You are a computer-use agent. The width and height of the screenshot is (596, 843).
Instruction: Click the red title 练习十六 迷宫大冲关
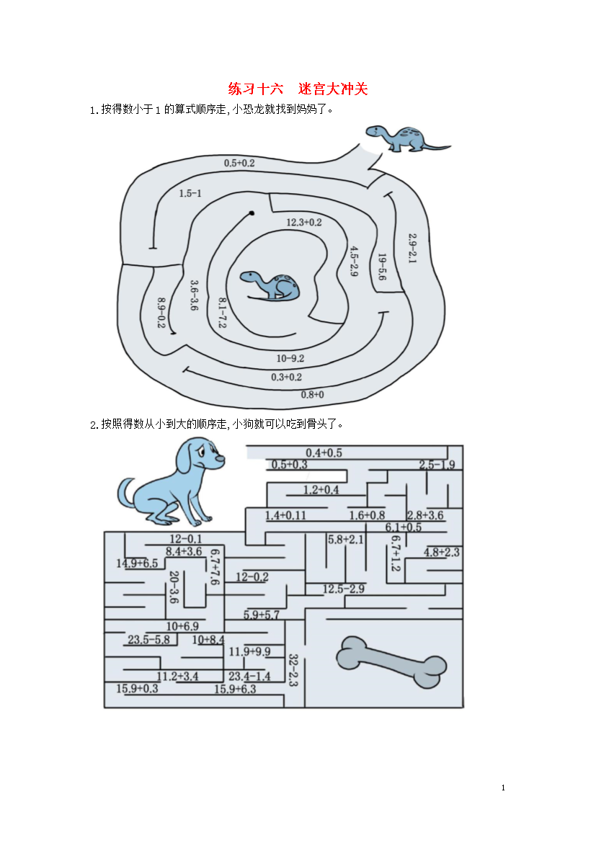298,89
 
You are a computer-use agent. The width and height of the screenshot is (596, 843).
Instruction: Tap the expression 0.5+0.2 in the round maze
239,163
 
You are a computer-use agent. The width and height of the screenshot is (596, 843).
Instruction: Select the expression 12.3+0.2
304,222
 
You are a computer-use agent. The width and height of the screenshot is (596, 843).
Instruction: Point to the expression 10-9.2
290,358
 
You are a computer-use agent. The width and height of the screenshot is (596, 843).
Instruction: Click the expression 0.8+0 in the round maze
313,395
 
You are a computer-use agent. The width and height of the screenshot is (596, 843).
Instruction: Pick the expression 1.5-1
190,193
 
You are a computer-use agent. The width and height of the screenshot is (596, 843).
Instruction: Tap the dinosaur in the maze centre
270,285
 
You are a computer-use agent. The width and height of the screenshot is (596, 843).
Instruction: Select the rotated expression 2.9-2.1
412,248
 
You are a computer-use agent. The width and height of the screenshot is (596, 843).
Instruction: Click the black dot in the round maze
252,213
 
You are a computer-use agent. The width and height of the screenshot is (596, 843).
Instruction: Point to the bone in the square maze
391,662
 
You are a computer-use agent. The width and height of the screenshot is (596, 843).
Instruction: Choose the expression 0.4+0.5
324,452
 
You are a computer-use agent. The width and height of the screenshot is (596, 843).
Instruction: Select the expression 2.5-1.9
437,465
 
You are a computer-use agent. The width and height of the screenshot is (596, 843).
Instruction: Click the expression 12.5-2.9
343,589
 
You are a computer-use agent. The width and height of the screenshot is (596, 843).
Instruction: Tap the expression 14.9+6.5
137,563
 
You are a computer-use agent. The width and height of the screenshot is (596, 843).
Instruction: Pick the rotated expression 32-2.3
293,670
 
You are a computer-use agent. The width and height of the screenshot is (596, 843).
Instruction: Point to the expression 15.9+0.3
137,688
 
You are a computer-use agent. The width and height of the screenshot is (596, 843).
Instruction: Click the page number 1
503,788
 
